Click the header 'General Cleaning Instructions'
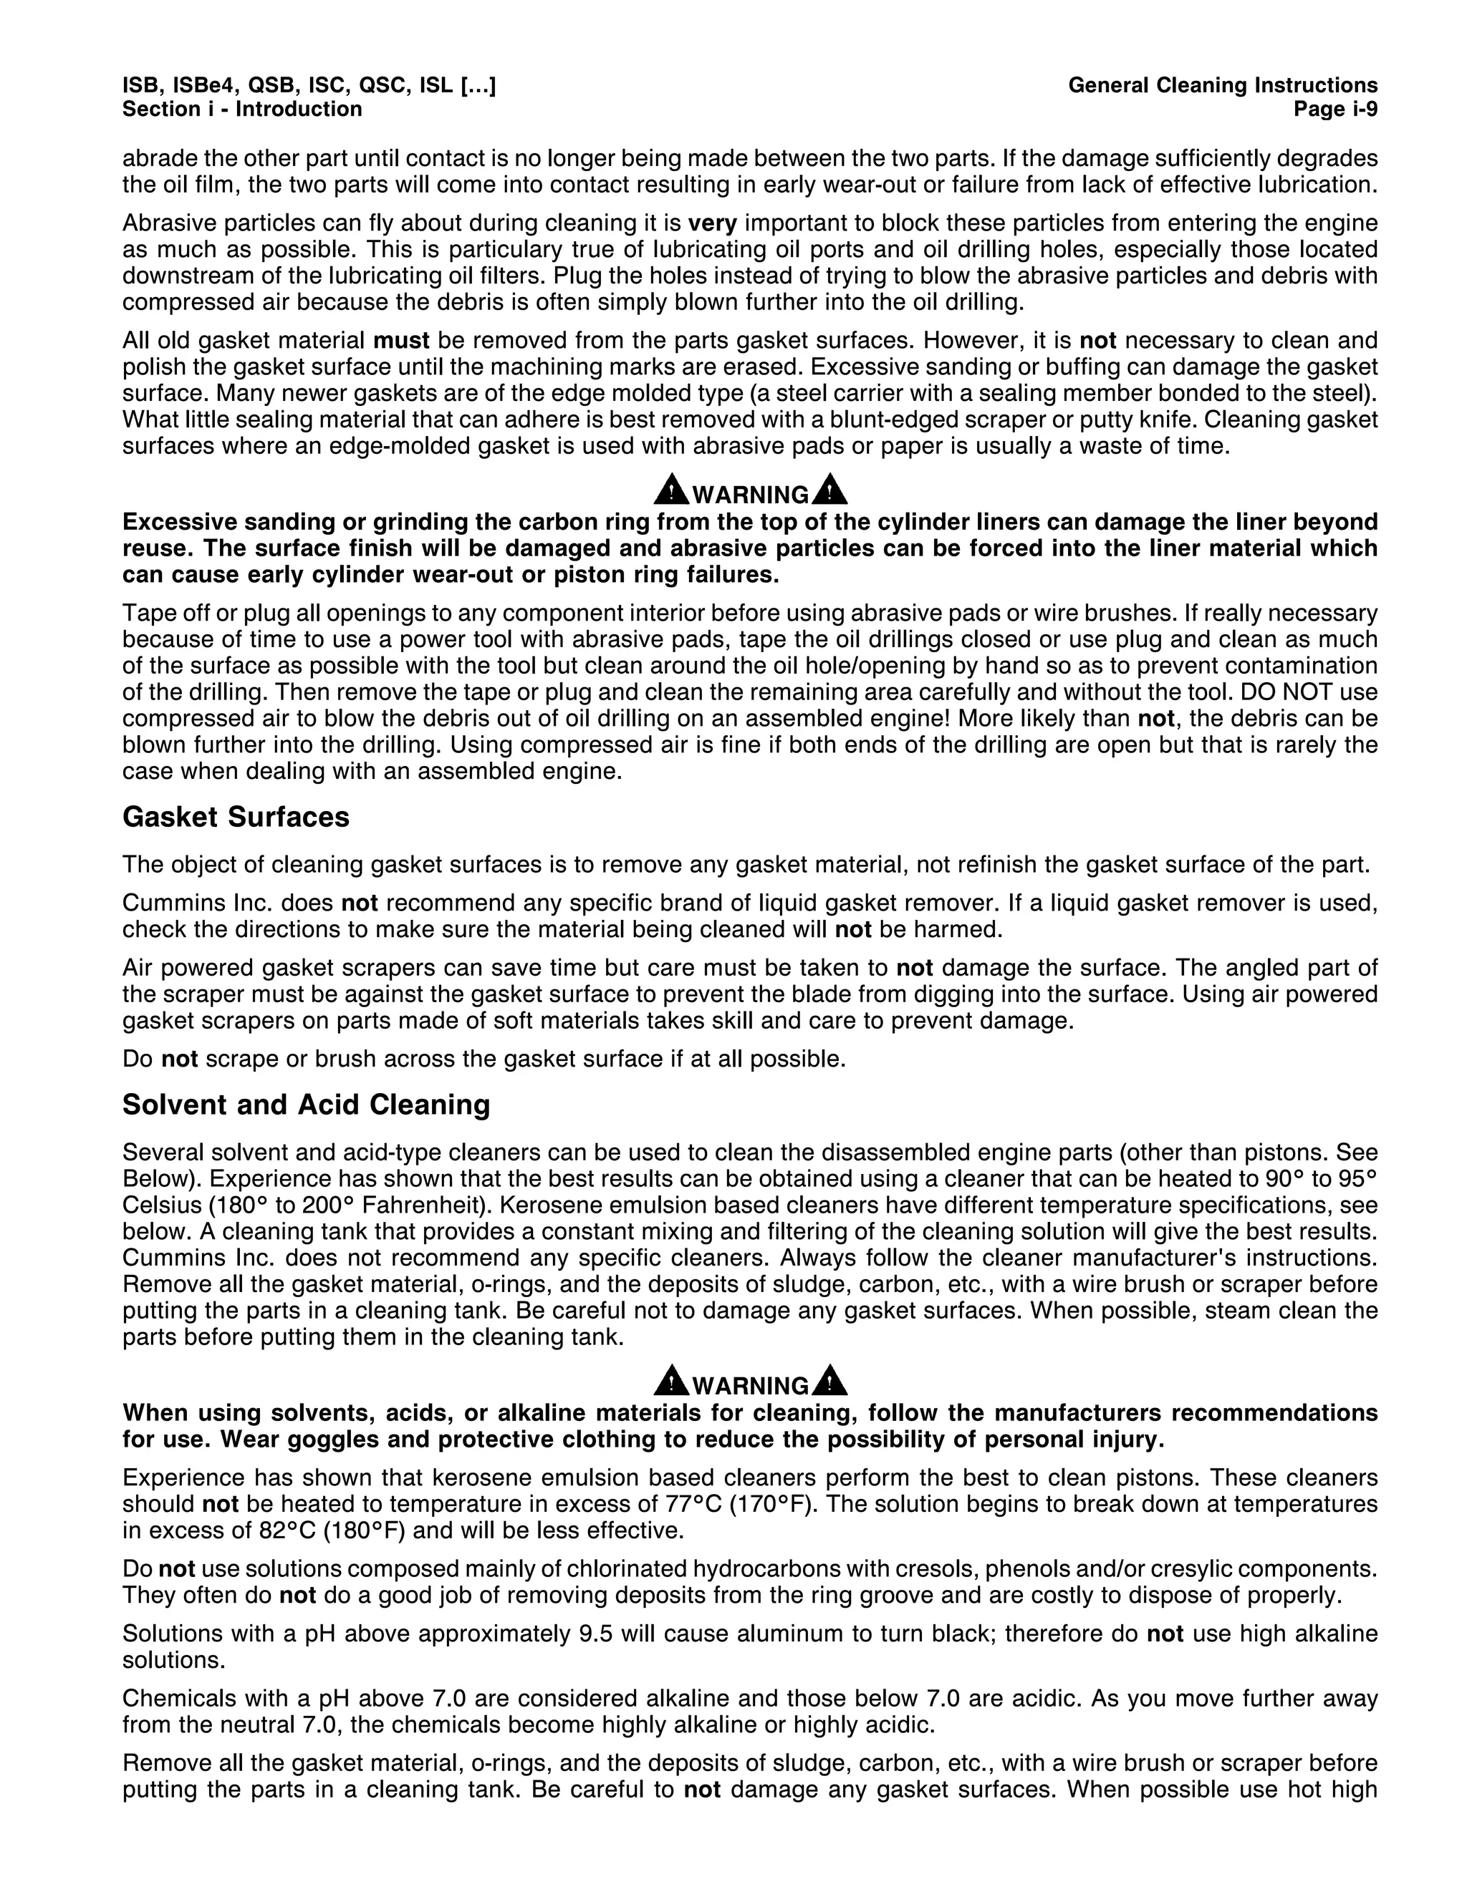pyautogui.click(x=1222, y=86)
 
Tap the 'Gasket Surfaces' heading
pyautogui.click(x=236, y=817)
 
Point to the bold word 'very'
pyautogui.click(x=712, y=223)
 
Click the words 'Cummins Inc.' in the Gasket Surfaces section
pyautogui.click(x=186, y=903)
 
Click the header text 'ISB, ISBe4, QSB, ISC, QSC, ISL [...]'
pyautogui.click(x=309, y=86)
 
